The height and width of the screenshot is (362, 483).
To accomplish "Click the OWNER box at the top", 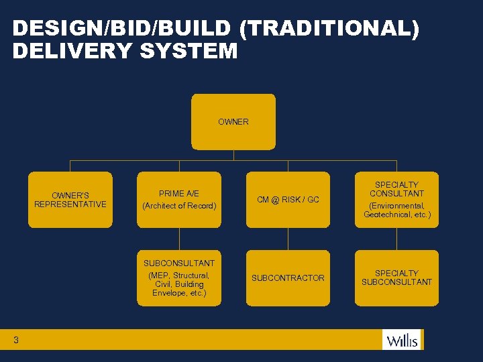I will [x=233, y=121].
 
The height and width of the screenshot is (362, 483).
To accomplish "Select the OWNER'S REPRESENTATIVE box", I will [x=70, y=200].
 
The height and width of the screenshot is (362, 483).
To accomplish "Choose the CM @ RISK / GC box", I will [x=288, y=200].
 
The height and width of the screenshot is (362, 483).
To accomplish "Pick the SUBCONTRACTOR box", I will [x=288, y=278].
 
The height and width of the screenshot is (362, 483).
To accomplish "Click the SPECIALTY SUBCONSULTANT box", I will [x=396, y=278].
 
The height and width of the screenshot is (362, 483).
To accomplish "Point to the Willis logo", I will [x=401, y=340].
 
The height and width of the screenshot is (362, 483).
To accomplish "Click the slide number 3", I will [x=15, y=341].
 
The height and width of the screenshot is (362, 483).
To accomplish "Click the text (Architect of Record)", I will [x=179, y=206].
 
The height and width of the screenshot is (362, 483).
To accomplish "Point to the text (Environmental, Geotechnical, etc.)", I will [x=396, y=210].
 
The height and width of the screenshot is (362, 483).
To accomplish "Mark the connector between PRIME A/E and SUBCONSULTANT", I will [x=179, y=239].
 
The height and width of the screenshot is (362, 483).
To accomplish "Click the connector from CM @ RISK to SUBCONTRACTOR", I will [x=288, y=239].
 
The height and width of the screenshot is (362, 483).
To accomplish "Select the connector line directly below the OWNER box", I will [x=233, y=155].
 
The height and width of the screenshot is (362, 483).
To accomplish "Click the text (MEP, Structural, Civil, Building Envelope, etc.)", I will [x=179, y=284].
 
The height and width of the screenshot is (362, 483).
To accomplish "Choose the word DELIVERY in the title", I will [x=72, y=51].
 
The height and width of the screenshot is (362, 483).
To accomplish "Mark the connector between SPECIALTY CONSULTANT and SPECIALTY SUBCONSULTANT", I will [x=396, y=239].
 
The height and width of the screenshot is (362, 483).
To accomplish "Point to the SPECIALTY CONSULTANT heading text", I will [x=396, y=189].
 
